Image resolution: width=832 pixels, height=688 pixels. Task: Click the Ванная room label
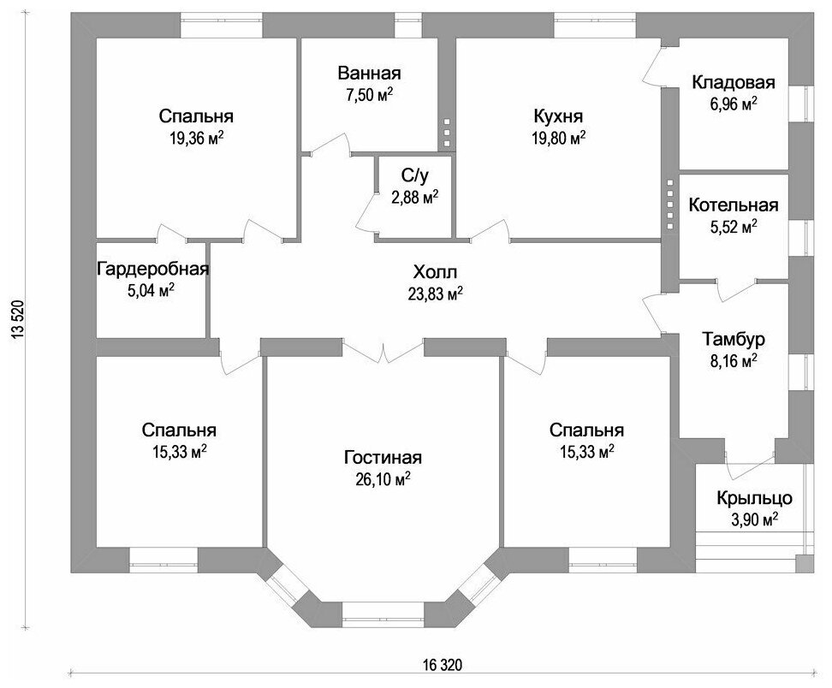click(x=369, y=73)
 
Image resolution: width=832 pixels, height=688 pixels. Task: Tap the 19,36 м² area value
click(x=197, y=137)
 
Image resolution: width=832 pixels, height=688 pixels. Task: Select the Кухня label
click(x=557, y=116)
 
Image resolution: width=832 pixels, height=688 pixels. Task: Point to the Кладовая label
click(x=733, y=83)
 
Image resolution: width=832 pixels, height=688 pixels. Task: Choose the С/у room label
click(x=414, y=175)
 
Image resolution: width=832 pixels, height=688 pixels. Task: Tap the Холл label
click(x=436, y=273)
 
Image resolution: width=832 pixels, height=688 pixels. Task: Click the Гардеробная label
click(x=153, y=269)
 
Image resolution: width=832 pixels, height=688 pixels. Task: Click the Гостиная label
click(x=383, y=457)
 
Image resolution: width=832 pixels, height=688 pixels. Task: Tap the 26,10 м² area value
click(x=383, y=478)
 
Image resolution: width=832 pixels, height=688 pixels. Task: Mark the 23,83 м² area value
click(x=436, y=294)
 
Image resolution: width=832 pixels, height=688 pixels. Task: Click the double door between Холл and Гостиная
click(x=383, y=351)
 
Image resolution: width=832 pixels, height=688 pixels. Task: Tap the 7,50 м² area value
click(x=369, y=94)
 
